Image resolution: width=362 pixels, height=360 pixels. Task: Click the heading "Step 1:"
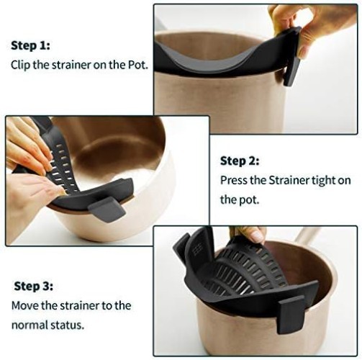point(30,45)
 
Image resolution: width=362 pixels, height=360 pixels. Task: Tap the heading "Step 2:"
point(240,161)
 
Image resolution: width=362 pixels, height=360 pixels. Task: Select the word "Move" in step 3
point(24,305)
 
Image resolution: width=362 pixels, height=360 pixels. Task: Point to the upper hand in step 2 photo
point(25,144)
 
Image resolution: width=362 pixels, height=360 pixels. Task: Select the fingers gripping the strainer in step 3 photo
point(248,233)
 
